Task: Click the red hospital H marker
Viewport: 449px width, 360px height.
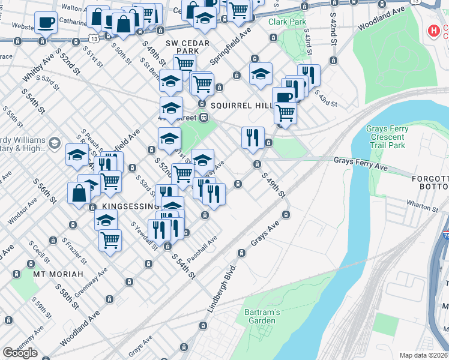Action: click(432, 31)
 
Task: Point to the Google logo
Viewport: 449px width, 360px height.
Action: click(20, 352)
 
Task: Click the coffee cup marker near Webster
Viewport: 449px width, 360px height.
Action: click(46, 23)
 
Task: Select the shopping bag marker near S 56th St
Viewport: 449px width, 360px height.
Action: click(79, 194)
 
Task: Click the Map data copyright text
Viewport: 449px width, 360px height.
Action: click(424, 355)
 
